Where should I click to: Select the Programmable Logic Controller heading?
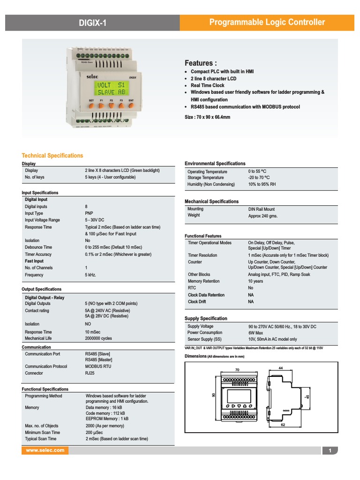[267, 22]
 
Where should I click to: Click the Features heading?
[201, 63]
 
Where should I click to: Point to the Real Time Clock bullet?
[207, 85]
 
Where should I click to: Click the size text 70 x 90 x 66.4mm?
[207, 117]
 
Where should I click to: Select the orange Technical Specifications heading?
[52, 156]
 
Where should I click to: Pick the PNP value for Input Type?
[89, 213]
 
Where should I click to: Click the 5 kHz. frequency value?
[90, 275]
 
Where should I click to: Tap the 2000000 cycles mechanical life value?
[98, 338]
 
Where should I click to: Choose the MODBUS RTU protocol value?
[98, 367]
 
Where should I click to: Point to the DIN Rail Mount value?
[262, 209]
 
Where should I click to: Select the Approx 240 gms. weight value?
[263, 216]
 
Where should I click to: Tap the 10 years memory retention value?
[255, 281]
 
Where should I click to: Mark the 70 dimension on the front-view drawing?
[237, 370]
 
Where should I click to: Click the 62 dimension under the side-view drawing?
[283, 425]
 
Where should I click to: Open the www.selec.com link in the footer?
[45, 450]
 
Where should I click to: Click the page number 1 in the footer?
[330, 451]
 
